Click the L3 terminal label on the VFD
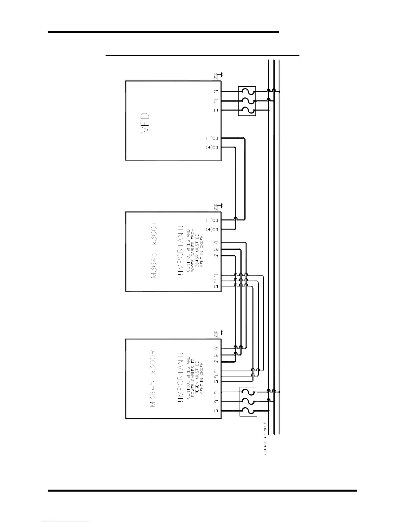216,92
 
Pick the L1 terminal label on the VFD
216,110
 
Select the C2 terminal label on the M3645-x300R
216,348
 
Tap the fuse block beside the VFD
247,101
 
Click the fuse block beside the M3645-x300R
248,402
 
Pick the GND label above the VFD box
216,76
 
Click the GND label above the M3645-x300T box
216,207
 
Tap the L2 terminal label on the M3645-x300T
216,281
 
